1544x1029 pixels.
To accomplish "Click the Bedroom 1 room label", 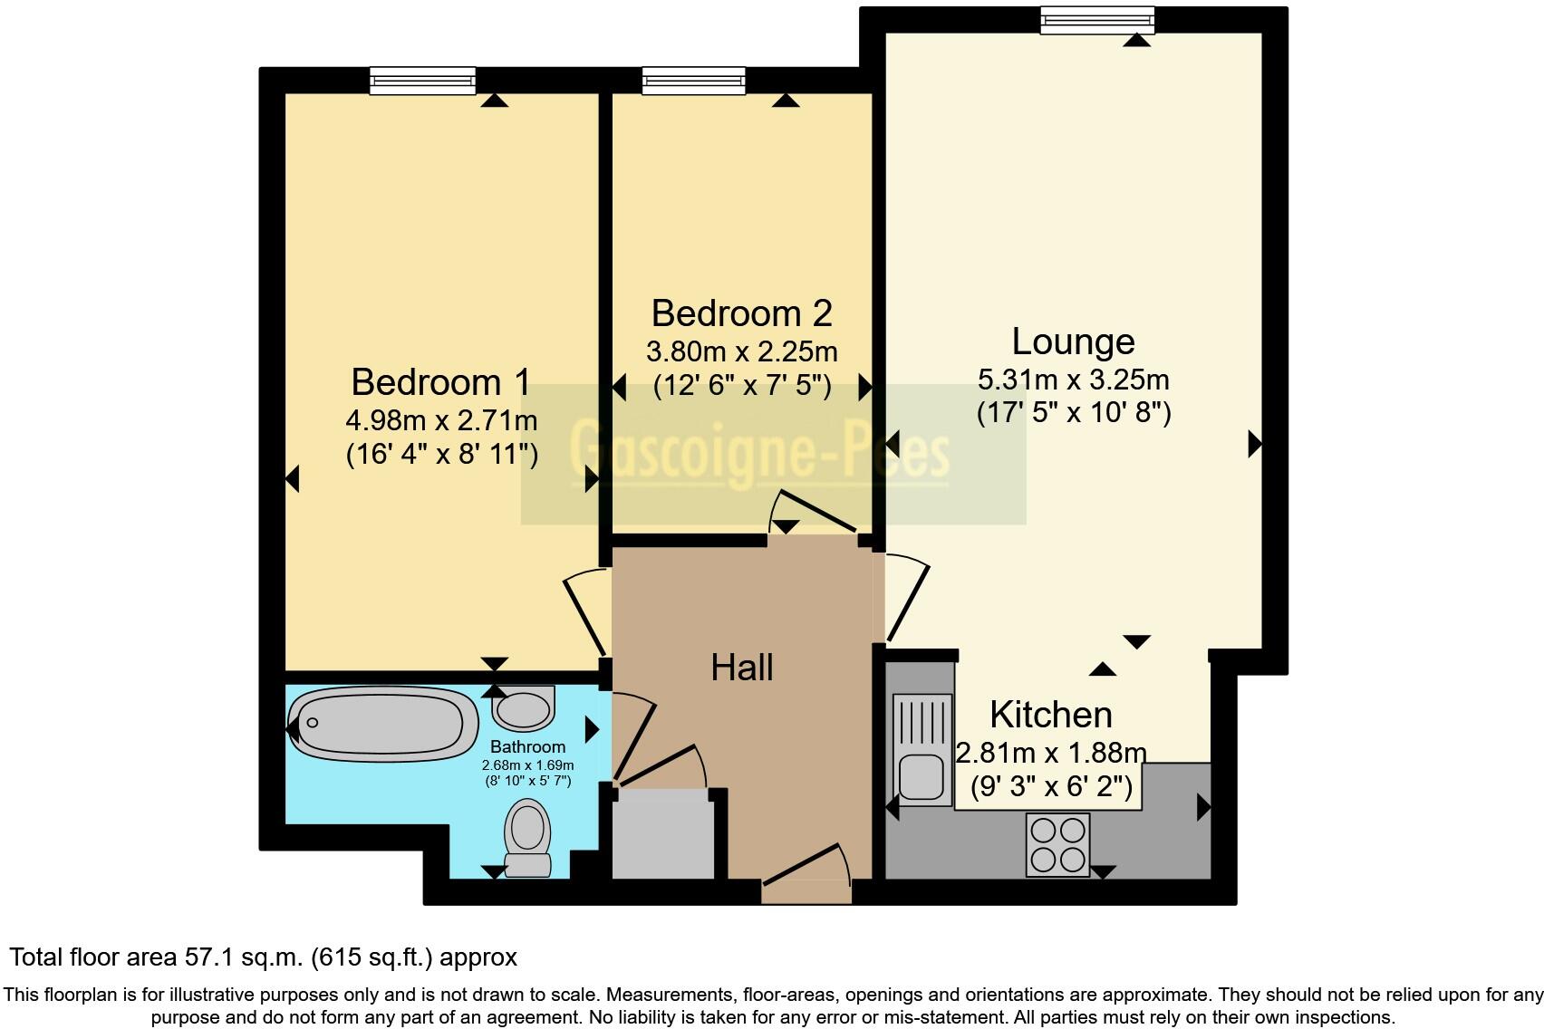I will pos(440,382).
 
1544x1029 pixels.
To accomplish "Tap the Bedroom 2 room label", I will pos(741,313).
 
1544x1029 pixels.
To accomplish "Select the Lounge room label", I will pos(1073,341).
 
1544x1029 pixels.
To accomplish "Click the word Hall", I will pos(741,668).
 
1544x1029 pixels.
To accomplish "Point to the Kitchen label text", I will pos(1050,715).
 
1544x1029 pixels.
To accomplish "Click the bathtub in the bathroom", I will pos(384,723).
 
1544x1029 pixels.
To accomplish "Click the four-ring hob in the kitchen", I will pos(1057,844).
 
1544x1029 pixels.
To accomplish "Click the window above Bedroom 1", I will pos(422,82).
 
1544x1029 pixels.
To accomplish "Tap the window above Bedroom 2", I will pos(694,82).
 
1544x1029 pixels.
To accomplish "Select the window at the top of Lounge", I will pos(1096,20).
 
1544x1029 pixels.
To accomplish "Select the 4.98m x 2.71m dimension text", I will pos(441,420).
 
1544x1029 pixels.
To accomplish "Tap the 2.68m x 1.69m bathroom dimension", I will pos(527,765).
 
